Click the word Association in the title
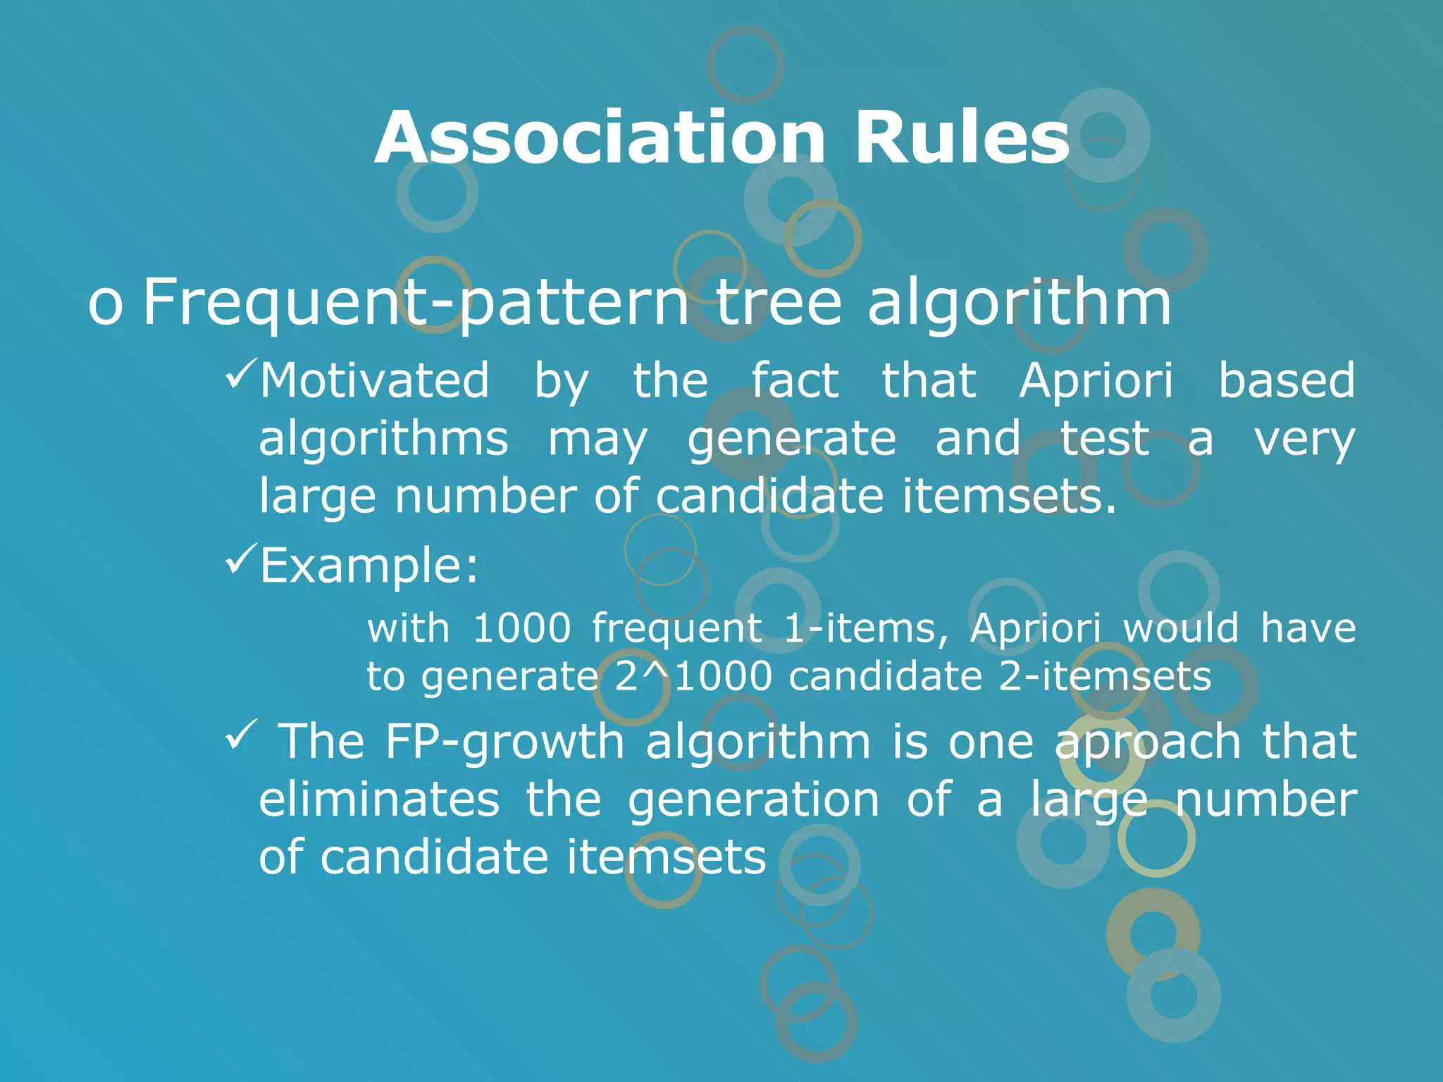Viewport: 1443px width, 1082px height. point(600,138)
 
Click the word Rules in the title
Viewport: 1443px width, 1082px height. point(962,138)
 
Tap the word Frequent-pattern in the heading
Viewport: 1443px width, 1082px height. point(416,303)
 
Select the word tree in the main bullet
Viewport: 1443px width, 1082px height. point(779,303)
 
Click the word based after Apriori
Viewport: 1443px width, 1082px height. point(1286,381)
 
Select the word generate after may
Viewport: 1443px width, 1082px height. point(791,440)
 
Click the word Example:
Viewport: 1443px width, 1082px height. point(369,566)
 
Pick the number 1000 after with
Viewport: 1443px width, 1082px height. point(521,628)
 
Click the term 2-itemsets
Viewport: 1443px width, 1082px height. point(1105,677)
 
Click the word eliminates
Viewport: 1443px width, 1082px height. point(379,800)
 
